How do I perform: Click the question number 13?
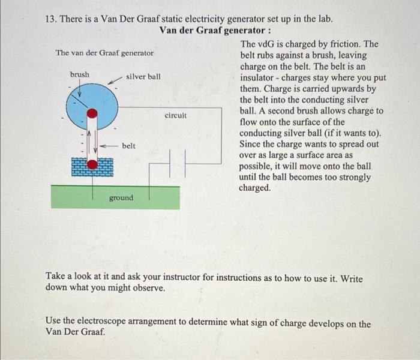coord(52,19)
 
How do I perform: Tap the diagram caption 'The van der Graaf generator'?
coord(104,53)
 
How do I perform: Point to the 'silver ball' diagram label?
coord(143,77)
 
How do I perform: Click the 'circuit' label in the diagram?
coord(175,114)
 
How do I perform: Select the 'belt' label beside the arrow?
coord(128,146)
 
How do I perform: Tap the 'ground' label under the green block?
coord(121,197)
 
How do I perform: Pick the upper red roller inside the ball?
coord(92,113)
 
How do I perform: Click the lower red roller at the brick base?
coord(92,164)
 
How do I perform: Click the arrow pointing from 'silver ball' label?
coord(115,80)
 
